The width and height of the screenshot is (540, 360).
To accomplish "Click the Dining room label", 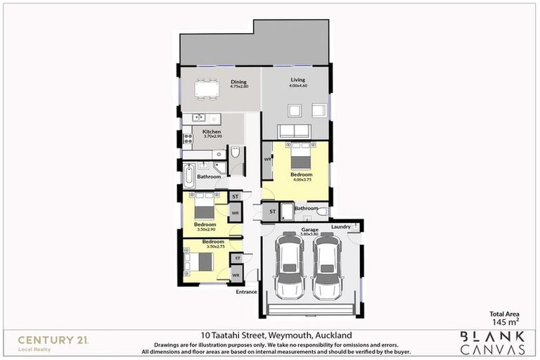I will pyautogui.click(x=239, y=82).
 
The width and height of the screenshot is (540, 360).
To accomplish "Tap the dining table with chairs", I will pyautogui.click(x=207, y=89).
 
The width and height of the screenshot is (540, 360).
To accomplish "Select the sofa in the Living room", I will pyautogui.click(x=295, y=131).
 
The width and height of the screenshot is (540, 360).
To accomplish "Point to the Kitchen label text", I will pyautogui.click(x=212, y=131).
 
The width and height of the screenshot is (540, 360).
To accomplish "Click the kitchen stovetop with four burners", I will pyautogui.click(x=188, y=139).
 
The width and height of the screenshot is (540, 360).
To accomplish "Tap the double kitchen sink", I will pyautogui.click(x=199, y=117).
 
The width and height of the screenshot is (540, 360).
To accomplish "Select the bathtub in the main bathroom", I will pyautogui.click(x=189, y=176).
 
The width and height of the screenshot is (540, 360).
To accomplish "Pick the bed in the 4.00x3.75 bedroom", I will pyautogui.click(x=300, y=156).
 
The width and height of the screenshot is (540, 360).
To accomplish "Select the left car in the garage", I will pyautogui.click(x=289, y=267).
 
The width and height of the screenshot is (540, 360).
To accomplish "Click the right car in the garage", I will pyautogui.click(x=327, y=267).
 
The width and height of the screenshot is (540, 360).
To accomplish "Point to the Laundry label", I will pyautogui.click(x=341, y=226).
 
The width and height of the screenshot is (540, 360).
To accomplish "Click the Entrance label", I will pyautogui.click(x=246, y=291).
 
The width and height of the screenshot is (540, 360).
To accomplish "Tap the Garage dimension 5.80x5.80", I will pyautogui.click(x=310, y=234).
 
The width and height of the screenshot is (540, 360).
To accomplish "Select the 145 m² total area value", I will pyautogui.click(x=504, y=321).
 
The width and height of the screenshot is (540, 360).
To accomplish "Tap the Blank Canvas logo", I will pyautogui.click(x=491, y=342).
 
